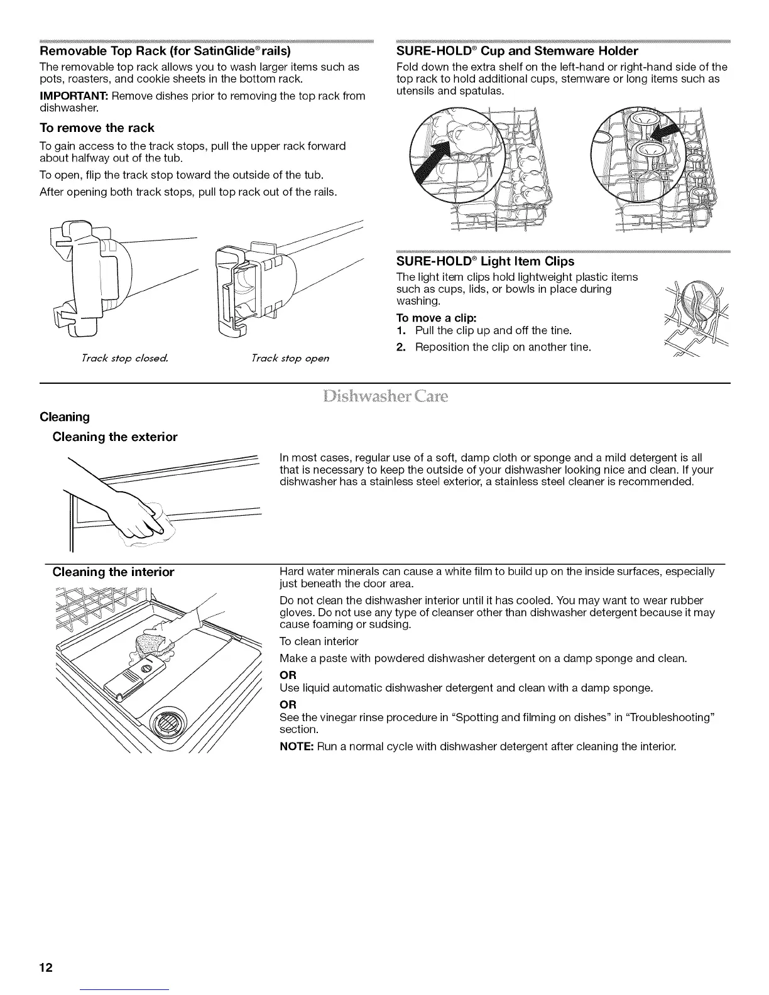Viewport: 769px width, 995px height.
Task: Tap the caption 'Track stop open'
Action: tap(290, 358)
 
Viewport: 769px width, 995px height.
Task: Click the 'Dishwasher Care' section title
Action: tap(384, 396)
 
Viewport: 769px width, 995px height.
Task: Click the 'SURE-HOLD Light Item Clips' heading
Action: tap(485, 261)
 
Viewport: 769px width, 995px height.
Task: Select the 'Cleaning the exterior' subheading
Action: tap(115, 437)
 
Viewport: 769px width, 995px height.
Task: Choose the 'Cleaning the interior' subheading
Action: tap(113, 572)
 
